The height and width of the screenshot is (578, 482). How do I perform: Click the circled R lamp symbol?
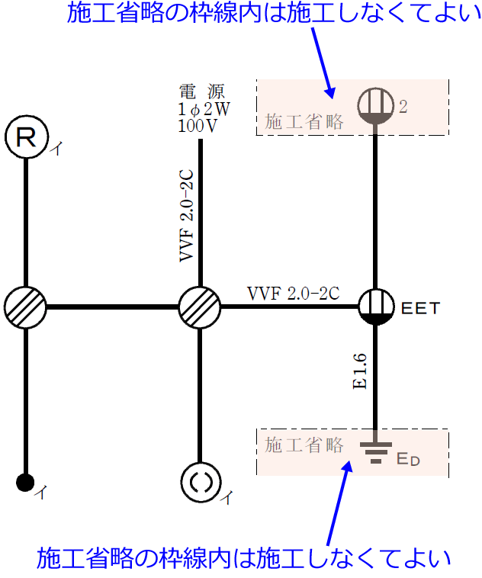coord(26,137)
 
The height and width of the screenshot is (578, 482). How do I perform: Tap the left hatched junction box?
coord(26,308)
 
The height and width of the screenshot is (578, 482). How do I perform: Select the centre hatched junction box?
coord(200,308)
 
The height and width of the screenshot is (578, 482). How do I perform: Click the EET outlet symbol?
coord(375,307)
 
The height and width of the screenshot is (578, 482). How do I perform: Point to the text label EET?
coord(421,309)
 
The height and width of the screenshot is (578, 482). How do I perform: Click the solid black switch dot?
coord(26,482)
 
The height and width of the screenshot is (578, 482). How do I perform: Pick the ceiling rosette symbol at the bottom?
coord(200,482)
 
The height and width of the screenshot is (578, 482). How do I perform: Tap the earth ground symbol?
coord(375,452)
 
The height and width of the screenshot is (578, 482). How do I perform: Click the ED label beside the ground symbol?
coord(408,459)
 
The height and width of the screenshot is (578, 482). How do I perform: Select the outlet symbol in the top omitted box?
coord(375,105)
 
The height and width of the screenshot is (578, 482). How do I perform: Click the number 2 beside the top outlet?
coord(403,107)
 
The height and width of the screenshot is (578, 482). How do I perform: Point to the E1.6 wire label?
coord(360,371)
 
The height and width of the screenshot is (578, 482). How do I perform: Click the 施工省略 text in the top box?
coord(304,120)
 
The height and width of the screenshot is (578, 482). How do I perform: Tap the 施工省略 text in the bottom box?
coord(304,445)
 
